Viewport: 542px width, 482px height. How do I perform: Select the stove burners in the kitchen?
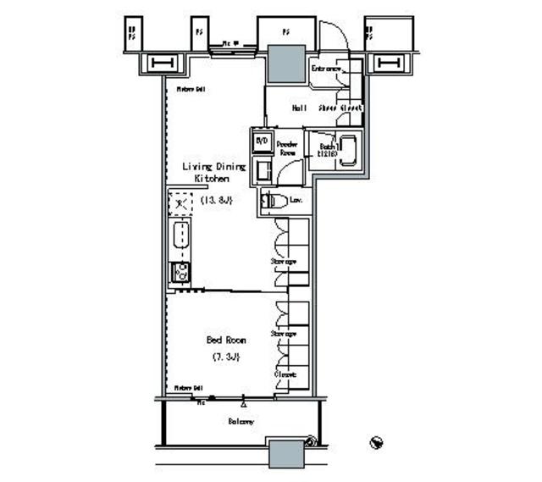coord(180,273)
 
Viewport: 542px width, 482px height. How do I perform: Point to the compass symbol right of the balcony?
coord(377,443)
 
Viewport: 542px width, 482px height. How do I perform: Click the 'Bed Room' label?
coord(226,340)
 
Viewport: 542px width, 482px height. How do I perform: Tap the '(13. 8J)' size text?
coord(216,200)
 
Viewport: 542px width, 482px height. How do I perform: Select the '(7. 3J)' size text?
coord(226,357)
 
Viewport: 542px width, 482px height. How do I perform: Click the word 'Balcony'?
coord(241,421)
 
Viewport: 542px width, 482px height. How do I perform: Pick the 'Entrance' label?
coord(326,68)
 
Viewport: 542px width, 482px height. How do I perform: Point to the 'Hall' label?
coord(299,108)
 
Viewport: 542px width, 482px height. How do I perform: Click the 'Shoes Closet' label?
coord(340,108)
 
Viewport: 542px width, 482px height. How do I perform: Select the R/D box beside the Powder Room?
coord(262,141)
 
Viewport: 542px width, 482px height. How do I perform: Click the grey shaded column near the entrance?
coord(286,63)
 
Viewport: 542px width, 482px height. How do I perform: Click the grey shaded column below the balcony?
coord(286,454)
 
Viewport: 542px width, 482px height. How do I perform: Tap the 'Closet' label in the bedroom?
coord(284,374)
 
